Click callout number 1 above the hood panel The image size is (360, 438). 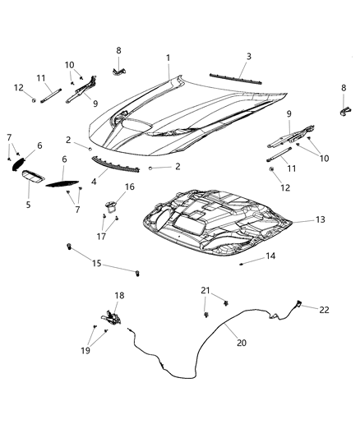tap(168, 58)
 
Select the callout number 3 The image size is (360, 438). tap(249, 57)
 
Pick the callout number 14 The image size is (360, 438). tap(270, 256)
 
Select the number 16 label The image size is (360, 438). tap(129, 187)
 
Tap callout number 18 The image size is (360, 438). tap(119, 295)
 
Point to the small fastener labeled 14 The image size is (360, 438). tap(240, 265)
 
